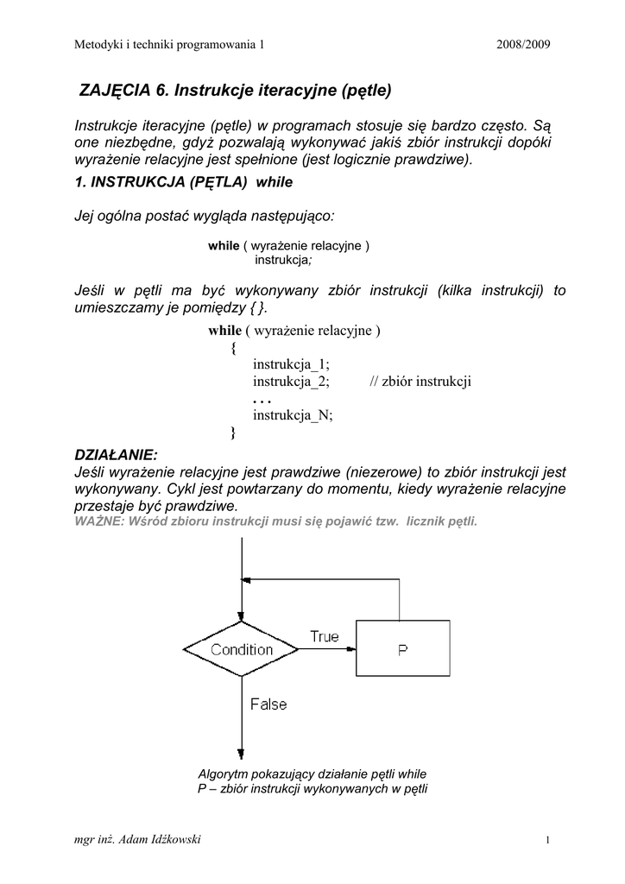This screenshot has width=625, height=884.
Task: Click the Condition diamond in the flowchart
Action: (x=242, y=649)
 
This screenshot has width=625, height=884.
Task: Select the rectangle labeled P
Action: (x=403, y=650)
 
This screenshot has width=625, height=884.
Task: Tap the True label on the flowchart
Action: (x=325, y=636)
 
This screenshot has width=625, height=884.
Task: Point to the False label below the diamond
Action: (x=268, y=704)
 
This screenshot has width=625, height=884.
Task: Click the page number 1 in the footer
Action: (x=548, y=841)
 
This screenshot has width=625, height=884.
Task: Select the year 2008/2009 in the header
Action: (x=523, y=44)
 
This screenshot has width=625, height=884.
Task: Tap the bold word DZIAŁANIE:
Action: (x=117, y=455)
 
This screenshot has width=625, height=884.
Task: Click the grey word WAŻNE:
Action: (x=98, y=522)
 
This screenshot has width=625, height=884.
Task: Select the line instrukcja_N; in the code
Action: (x=293, y=415)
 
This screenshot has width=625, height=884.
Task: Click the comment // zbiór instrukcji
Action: (x=420, y=382)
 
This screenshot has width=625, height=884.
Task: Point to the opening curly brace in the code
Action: (x=233, y=349)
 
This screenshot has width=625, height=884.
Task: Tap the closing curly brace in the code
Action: (x=233, y=433)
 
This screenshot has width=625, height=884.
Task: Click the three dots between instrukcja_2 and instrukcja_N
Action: (x=262, y=400)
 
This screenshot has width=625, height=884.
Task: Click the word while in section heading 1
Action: (x=275, y=182)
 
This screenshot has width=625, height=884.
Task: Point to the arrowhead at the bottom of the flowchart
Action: (x=242, y=754)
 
